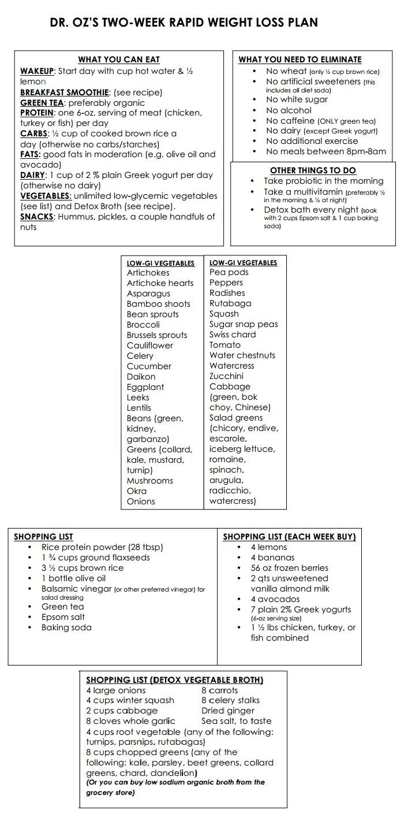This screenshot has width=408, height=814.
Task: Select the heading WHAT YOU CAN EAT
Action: coord(119,60)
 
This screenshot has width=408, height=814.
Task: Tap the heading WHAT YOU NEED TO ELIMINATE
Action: coord(300,60)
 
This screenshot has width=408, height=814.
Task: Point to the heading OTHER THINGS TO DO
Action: coord(313,170)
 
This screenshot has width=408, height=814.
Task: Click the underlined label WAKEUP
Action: coord(37,71)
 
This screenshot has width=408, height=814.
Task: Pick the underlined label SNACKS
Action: coord(37,217)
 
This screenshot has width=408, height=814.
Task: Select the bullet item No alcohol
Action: coord(289,110)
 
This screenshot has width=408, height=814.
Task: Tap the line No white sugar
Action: coord(297,99)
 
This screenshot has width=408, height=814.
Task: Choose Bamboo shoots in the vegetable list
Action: coord(158,304)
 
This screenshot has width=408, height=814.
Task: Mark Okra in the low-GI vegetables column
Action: coord(137,491)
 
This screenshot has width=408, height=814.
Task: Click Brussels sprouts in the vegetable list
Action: coord(157,335)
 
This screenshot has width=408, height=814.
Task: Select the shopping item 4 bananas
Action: coord(272,557)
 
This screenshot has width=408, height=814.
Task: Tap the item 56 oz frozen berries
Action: coord(289,568)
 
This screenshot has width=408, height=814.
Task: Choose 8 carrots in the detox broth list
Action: coord(219,690)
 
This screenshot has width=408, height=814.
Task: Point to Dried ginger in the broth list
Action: coord(227,711)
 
